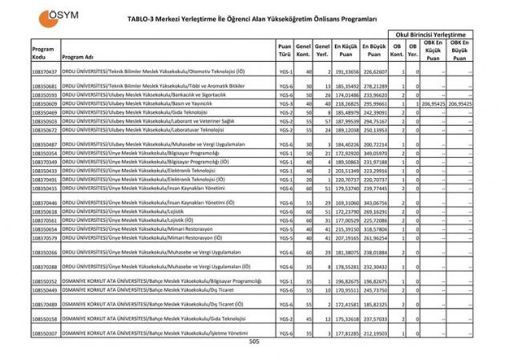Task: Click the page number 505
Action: point(254,341)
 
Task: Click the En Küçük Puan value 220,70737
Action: point(345,180)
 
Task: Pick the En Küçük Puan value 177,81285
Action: point(345,332)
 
